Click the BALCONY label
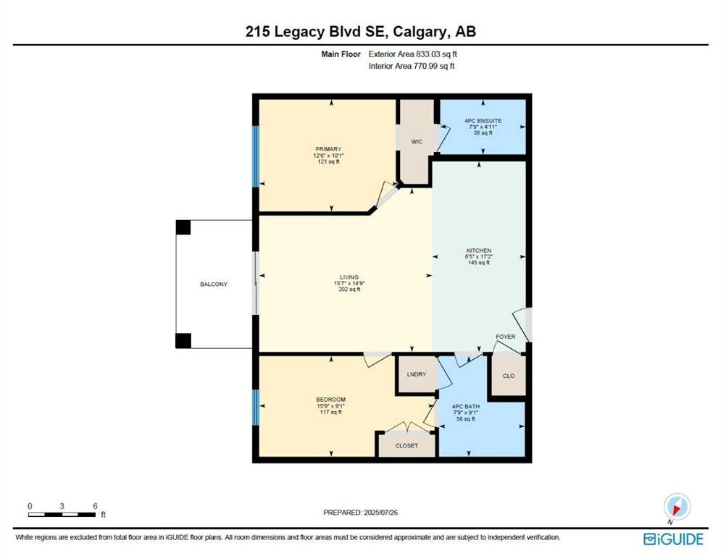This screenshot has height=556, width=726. [214, 284]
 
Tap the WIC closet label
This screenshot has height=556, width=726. [417, 142]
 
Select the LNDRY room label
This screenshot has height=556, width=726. [416, 374]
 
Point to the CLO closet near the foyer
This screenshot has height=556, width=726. [509, 376]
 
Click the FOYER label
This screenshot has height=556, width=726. [505, 337]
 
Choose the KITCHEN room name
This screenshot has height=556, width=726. [479, 250]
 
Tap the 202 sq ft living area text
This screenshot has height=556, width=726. [349, 289]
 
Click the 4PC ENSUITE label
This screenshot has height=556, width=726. [483, 121]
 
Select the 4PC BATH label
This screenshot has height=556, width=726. [466, 407]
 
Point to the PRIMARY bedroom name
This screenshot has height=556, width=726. [328, 149]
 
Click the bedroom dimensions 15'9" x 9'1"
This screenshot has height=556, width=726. [330, 405]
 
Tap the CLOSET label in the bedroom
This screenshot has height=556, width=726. [406, 445]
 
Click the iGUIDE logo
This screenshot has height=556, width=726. [673, 539]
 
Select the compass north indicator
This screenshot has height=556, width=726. [677, 508]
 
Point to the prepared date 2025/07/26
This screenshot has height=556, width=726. [380, 513]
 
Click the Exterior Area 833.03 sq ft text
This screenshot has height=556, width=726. [412, 54]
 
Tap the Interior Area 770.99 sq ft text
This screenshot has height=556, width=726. [411, 66]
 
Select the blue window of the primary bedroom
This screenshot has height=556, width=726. [255, 156]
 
